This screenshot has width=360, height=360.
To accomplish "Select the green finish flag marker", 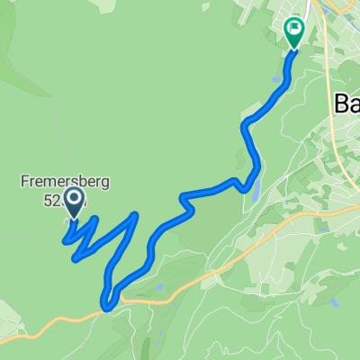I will click(x=294, y=31).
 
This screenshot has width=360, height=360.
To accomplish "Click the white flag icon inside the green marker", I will click(x=294, y=29).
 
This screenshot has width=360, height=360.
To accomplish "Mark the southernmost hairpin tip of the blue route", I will click(x=107, y=307).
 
